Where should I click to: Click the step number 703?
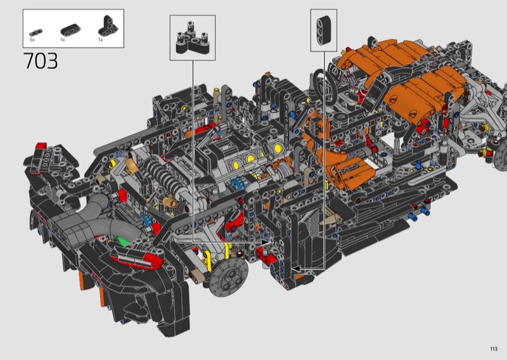click(41, 61)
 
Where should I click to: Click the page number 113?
click(494, 349)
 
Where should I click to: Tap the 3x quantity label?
click(32, 40)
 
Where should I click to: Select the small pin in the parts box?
click(36, 32)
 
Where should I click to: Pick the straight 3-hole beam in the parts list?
click(70, 30)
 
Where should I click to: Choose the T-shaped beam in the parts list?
click(108, 25)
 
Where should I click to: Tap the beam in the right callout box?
click(324, 30)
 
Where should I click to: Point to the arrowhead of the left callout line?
click(265, 241)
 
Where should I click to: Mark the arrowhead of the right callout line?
click(296, 269)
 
